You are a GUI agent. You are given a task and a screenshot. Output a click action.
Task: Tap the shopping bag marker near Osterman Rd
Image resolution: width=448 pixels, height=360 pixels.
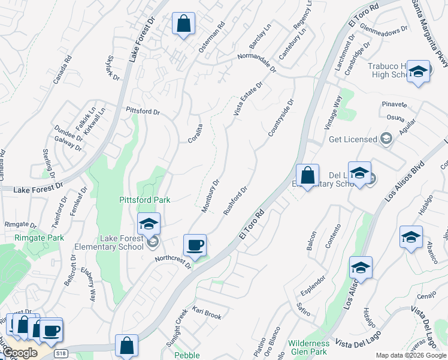[184, 25]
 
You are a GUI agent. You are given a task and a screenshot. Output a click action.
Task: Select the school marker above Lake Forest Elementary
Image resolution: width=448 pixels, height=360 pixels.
[149, 224]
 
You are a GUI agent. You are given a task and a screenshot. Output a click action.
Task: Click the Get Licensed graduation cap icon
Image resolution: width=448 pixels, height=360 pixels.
[386, 139]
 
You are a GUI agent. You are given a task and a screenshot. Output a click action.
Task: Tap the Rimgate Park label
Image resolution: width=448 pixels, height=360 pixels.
[39, 238]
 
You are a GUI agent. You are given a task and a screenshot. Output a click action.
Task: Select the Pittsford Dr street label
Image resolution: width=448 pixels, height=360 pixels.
[143, 112]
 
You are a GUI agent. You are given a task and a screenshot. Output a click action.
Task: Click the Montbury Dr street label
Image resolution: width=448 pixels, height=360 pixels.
[210, 192]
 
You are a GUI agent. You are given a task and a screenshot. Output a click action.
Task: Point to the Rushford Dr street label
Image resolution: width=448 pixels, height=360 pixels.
[235, 201]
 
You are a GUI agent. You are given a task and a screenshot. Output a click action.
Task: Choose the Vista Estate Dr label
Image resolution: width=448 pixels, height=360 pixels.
[248, 100]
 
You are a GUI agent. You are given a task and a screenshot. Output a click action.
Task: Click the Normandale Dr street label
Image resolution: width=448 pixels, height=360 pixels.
[256, 62]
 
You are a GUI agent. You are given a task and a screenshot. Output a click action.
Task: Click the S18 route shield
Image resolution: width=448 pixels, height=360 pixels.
[60, 355]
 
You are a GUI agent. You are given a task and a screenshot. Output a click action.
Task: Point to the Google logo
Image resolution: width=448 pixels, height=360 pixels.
[20, 353]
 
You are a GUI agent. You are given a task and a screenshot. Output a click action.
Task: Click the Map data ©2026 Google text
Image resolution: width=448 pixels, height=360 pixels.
[410, 355]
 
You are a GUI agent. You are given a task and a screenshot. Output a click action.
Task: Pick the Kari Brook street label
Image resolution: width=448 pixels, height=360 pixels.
[207, 313]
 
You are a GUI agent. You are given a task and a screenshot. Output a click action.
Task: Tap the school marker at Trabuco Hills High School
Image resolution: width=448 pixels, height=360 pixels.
[418, 72]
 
